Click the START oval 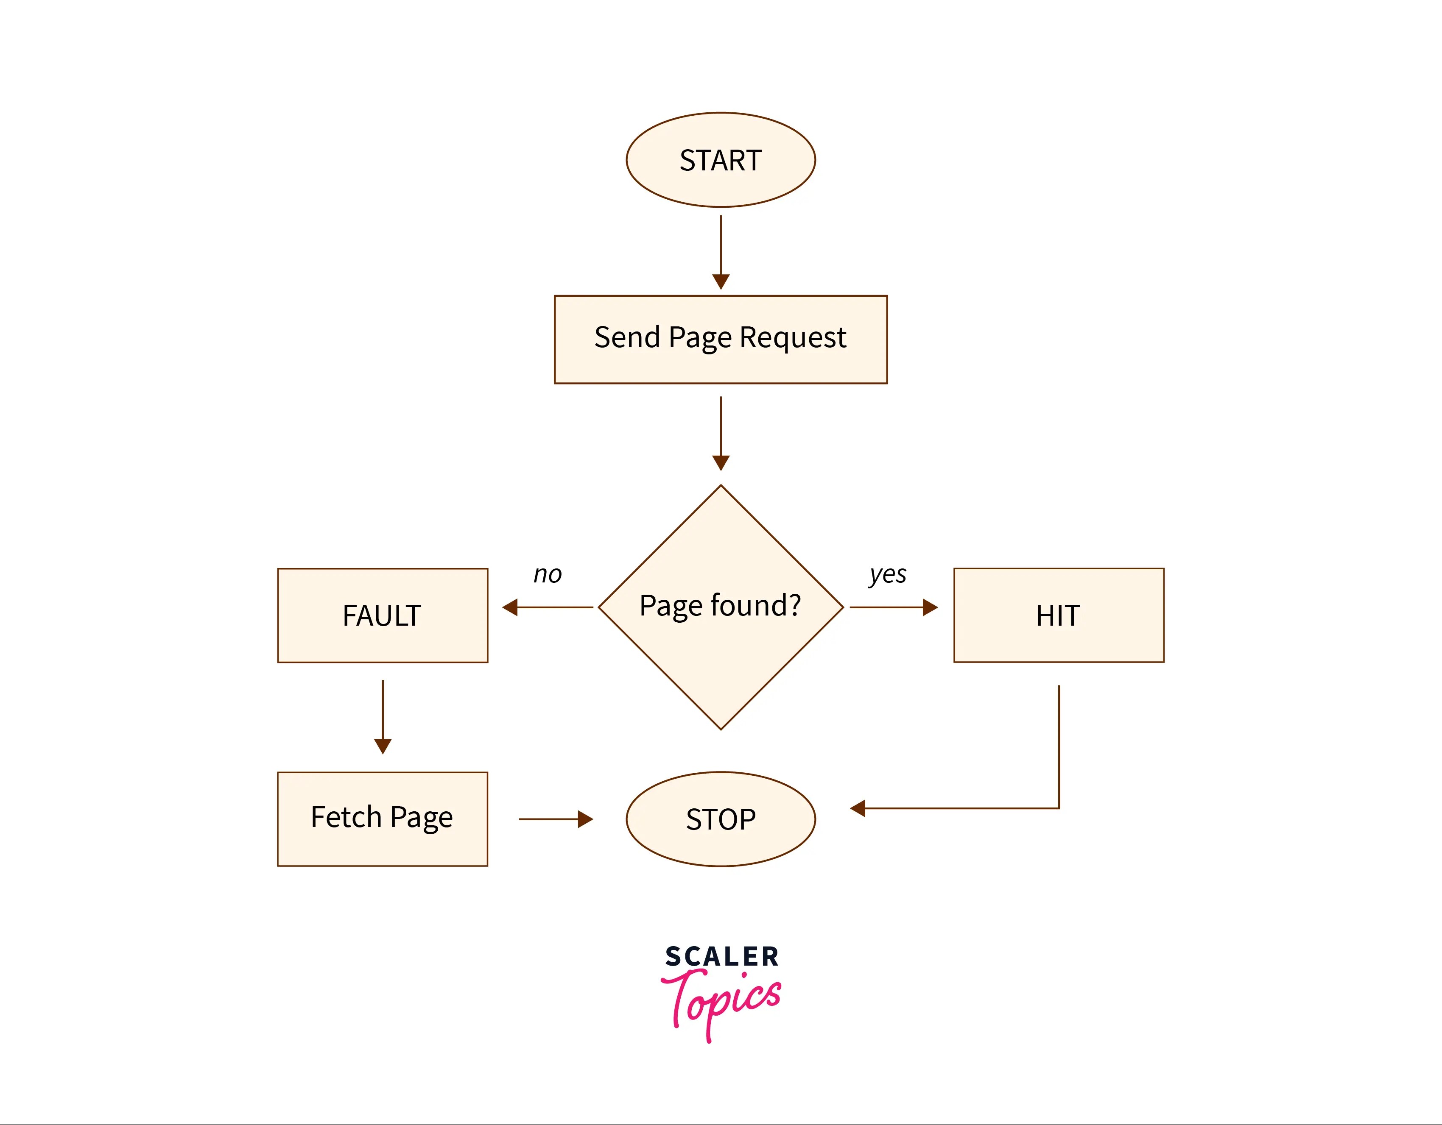click(720, 160)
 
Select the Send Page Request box click(720, 339)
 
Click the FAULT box click(382, 615)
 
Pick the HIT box click(1059, 615)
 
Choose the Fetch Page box click(382, 818)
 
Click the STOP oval click(720, 819)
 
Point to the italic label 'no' click(548, 574)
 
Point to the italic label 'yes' click(887, 574)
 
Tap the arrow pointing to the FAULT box click(548, 607)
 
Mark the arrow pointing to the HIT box click(893, 607)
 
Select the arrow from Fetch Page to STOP click(556, 819)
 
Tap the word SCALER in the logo click(722, 956)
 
